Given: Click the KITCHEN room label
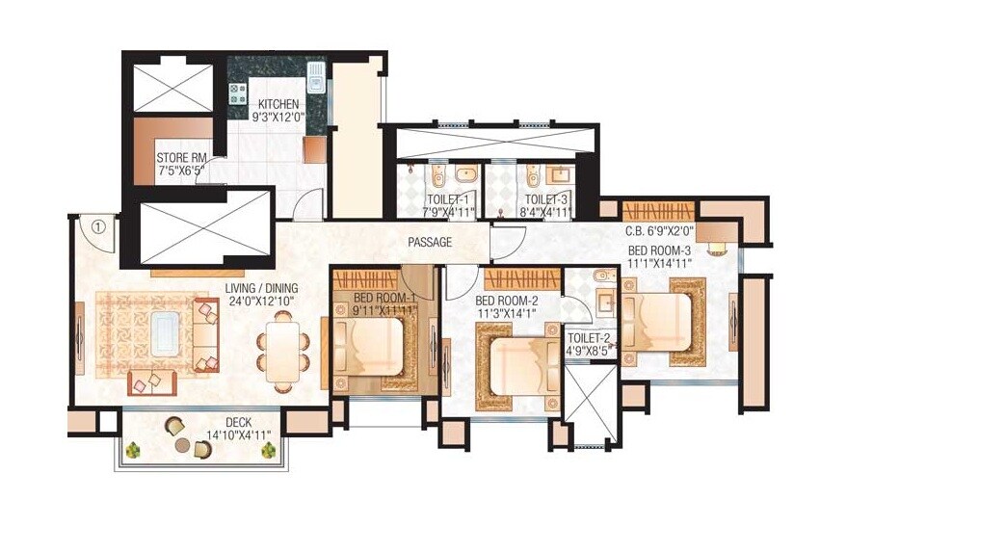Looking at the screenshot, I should point(278,104).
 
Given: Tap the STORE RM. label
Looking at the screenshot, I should point(181,157).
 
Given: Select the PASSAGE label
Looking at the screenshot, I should point(429,243).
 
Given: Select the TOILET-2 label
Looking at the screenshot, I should point(589,338).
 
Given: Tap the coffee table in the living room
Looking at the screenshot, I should point(161,333).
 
